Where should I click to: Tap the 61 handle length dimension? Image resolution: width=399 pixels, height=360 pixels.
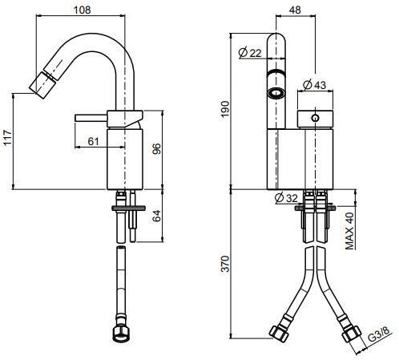click(93, 141)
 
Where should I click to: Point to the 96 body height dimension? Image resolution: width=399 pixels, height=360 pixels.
click(158, 149)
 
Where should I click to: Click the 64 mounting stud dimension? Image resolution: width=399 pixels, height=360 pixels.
click(158, 216)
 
